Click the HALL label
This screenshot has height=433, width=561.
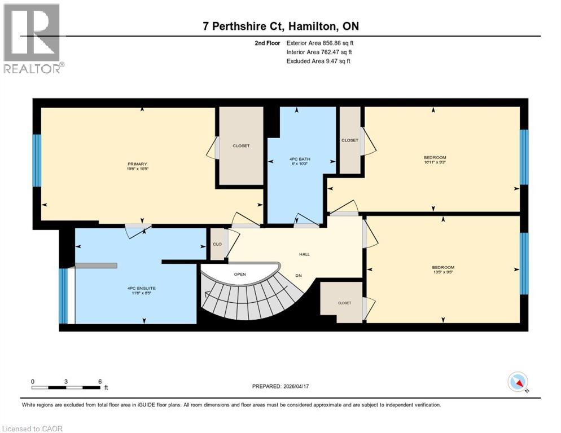coord(304,254)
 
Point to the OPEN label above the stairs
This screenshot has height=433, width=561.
coord(240,274)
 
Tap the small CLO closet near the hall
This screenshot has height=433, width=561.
coord(217,245)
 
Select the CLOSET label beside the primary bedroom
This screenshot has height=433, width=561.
coord(241,145)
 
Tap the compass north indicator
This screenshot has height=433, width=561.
coord(518,382)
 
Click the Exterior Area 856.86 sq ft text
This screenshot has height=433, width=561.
coord(320,43)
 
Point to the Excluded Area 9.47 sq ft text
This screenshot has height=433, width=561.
coord(318,61)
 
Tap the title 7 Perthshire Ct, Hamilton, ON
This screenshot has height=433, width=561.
coord(280,26)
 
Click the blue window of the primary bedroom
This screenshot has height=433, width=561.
coord(37,160)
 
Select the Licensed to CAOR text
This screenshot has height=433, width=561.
coord(33,428)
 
